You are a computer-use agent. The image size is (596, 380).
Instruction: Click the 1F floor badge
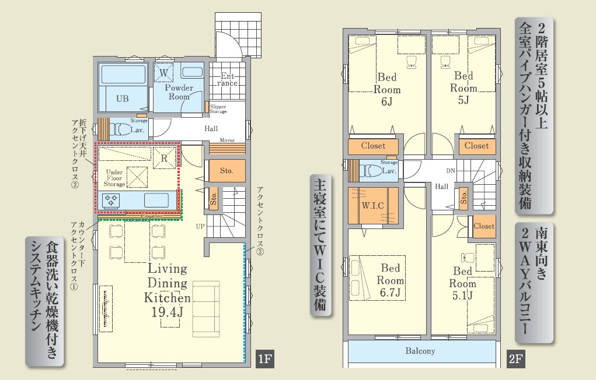point(264,358)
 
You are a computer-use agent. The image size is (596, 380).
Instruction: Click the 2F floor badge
point(515,358)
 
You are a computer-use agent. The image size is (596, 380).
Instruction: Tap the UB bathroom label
point(123,98)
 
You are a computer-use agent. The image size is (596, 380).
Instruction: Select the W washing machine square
point(164,72)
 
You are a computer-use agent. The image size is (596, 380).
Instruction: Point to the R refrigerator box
point(165,158)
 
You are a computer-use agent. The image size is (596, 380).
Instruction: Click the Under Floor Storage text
point(114,178)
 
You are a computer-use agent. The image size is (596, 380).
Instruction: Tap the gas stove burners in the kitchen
point(111,200)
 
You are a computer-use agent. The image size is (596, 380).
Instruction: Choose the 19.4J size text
point(168,312)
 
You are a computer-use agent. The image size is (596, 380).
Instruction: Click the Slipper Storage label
point(218,109)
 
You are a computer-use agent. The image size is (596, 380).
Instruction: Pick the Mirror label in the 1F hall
point(227,140)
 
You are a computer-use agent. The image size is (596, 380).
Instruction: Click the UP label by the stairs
point(200,226)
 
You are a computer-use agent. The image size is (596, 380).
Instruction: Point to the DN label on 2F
point(451,171)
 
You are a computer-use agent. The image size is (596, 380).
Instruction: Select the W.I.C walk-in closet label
point(372,206)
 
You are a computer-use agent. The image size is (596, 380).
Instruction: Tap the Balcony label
point(420,351)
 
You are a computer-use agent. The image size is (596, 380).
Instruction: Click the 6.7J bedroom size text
point(390,293)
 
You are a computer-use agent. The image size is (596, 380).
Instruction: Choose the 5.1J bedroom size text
point(462,295)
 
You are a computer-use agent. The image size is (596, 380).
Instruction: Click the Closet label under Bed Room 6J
point(373,146)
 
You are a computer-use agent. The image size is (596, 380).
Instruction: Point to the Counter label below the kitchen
point(152,216)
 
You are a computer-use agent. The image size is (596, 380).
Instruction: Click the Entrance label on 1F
point(227,79)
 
